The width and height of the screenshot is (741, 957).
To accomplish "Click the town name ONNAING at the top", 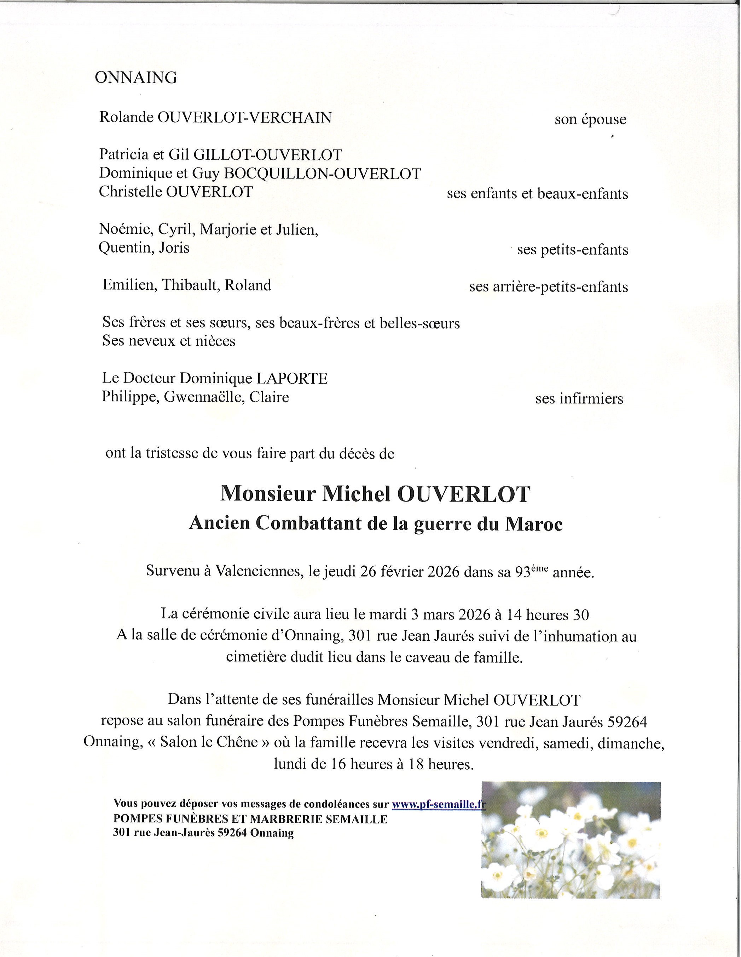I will point(136,78).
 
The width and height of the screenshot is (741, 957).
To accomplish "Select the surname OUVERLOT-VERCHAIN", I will point(244,118).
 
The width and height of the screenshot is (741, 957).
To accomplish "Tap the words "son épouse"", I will point(590,119).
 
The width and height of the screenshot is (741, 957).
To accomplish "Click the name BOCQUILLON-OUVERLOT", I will point(322,174).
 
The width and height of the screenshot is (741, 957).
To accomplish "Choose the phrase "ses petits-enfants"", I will point(573,250).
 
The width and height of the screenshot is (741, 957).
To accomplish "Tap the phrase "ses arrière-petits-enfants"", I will point(549,287).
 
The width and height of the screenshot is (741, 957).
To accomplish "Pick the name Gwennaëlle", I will point(203,397).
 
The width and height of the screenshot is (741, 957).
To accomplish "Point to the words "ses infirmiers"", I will point(579,399).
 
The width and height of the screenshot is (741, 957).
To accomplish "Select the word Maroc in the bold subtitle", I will point(534,524).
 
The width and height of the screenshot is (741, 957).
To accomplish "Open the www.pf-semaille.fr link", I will point(438,804).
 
